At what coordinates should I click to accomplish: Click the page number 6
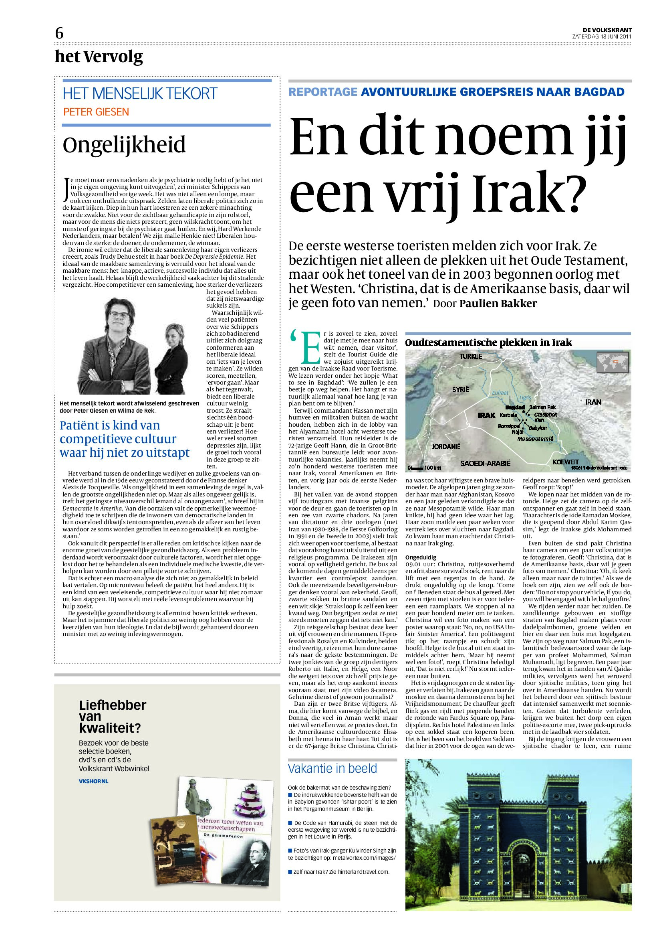pos(59,34)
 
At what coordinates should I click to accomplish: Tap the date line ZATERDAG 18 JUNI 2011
pos(601,36)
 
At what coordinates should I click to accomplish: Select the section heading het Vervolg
pos(99,57)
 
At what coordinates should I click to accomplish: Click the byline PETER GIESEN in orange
pos(96,112)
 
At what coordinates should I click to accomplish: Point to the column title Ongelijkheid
pos(124,145)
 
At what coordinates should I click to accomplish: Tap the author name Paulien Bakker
pos(498,303)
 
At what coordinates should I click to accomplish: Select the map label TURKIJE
pos(471,356)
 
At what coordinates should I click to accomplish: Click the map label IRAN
pos(593,402)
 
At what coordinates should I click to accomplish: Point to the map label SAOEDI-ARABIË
pos(485,464)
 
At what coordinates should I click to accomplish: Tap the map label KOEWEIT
pos(565,461)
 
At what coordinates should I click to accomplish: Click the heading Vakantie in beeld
pos(333,768)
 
